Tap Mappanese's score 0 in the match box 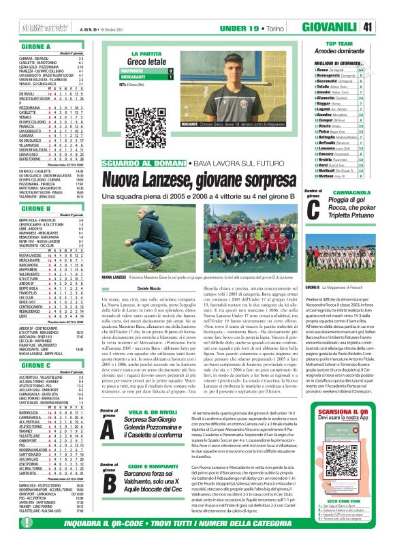[170, 71]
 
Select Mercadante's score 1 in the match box [170, 78]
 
